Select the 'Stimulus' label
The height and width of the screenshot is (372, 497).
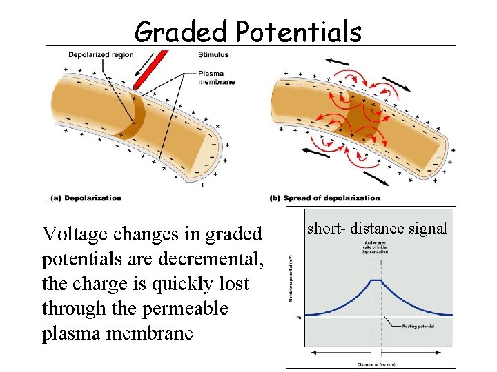(x=213, y=54)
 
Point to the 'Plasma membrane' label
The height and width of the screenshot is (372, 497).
(x=216, y=78)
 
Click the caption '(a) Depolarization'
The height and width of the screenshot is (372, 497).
(x=86, y=198)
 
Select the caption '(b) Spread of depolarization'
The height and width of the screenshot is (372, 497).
(x=325, y=198)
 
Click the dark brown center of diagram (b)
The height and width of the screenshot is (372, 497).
(x=359, y=114)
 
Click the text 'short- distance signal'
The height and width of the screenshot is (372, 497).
(x=377, y=228)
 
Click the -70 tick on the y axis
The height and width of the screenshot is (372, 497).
(x=299, y=318)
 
